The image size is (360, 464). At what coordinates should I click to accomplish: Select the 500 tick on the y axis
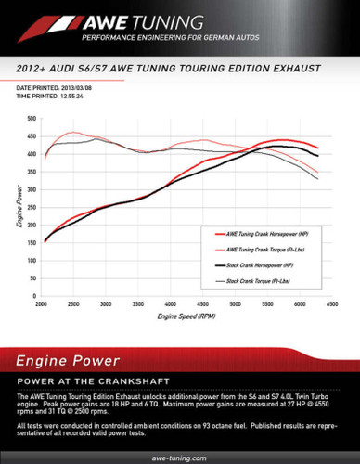31,120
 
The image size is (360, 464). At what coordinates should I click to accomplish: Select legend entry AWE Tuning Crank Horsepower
266,237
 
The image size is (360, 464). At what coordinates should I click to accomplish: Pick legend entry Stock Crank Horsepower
262,265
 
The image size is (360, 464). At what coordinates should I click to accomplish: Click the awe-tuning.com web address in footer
179,458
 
